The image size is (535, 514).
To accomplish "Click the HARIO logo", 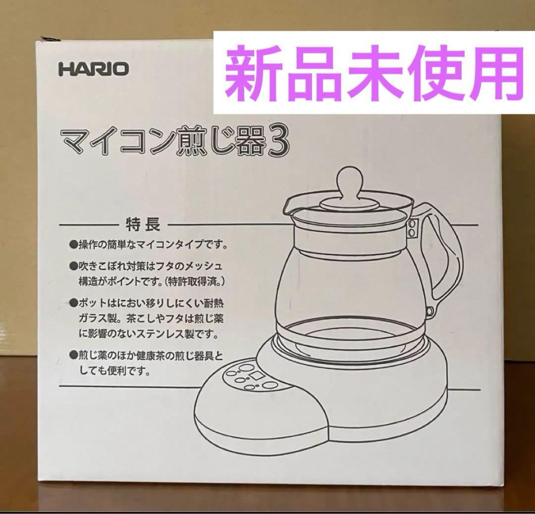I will [94, 68].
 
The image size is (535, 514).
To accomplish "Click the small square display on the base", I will [256, 376].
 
